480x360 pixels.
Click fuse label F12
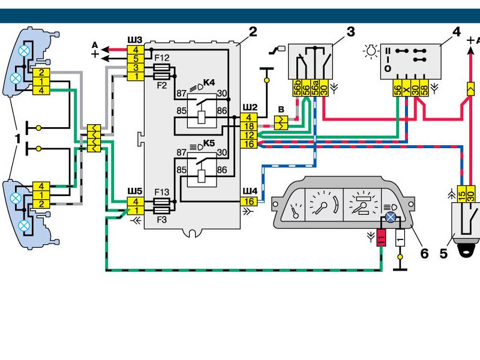click(161, 58)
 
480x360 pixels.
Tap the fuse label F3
click(161, 220)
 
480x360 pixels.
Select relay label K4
click(209, 83)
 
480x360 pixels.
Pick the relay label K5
click(209, 143)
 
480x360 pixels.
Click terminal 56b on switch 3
click(297, 88)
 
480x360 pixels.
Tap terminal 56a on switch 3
click(315, 88)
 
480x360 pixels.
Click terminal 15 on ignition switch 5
click(461, 194)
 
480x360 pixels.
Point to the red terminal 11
click(381, 238)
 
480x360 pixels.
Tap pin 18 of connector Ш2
click(249, 126)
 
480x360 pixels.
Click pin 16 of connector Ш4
click(249, 202)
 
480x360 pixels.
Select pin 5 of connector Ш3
click(136, 58)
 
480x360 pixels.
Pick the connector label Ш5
click(135, 191)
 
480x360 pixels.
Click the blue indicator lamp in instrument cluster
click(391, 217)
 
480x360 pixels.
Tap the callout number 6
click(424, 253)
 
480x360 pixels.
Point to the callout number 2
click(253, 32)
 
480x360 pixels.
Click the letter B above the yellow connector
click(281, 109)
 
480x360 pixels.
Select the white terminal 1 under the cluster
click(400, 238)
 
